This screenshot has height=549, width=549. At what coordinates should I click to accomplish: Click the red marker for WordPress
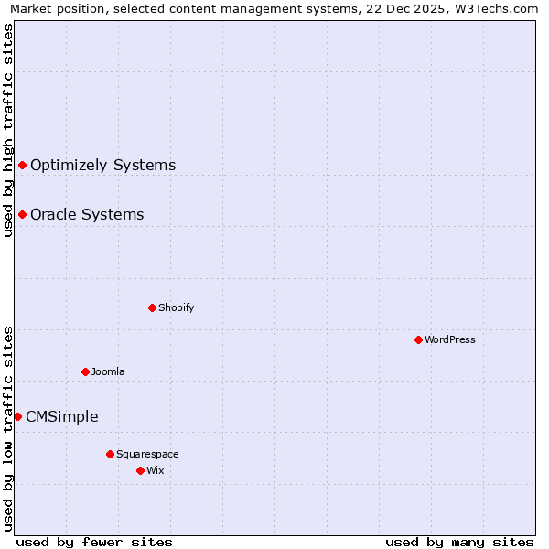point(418,339)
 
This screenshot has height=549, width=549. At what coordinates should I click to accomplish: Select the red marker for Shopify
point(152,307)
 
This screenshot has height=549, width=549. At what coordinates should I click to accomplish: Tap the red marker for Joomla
point(85,371)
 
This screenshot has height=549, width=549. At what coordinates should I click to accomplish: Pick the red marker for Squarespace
point(110,454)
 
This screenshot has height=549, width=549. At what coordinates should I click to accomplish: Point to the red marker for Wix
point(140,470)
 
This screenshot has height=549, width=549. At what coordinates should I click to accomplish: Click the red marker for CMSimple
point(17,416)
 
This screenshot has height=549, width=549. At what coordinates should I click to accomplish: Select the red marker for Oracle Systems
point(22,214)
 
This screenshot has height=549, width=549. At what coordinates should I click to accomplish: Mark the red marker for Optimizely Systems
point(22,165)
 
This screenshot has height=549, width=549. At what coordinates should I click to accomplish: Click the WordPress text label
point(450,339)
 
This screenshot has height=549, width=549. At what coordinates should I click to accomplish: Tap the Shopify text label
point(177,307)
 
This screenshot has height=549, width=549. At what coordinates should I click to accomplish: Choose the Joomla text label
point(108,371)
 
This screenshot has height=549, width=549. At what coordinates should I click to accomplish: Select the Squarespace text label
point(147,454)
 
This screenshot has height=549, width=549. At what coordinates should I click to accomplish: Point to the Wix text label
point(156,470)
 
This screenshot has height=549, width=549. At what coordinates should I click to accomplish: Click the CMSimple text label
point(62,416)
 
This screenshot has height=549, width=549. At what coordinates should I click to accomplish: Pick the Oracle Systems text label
point(87,214)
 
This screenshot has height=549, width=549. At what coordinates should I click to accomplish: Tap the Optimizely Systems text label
point(102,165)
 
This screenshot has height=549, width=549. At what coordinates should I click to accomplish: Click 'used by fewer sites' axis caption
point(94,542)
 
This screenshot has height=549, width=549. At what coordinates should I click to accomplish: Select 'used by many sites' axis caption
point(459,542)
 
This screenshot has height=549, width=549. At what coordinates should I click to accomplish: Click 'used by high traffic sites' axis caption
point(8,130)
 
